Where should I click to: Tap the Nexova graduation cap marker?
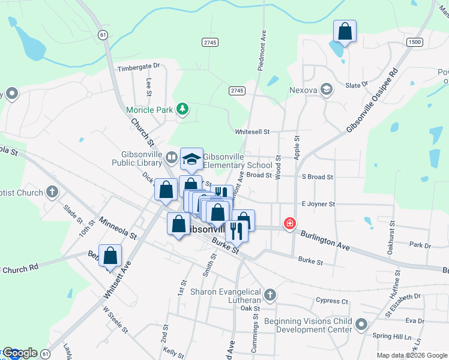click(327, 89)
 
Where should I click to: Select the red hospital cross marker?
click(290, 224)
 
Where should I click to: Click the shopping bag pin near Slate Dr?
click(345, 31)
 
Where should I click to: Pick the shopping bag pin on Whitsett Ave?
click(110, 256)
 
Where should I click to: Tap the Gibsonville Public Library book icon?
click(172, 157)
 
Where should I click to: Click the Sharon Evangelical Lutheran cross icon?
click(270, 295)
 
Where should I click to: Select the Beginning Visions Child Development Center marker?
click(361, 325)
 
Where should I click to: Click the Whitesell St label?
click(253, 131)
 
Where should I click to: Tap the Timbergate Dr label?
click(139, 67)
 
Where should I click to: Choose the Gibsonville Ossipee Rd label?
click(372, 100)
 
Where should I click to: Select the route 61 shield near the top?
click(103, 35)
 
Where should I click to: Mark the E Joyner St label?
click(318, 204)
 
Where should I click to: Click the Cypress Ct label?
click(332, 301)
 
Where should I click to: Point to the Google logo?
click(20, 353)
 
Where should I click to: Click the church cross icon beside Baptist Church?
click(52, 192)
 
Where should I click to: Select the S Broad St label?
click(317, 177)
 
